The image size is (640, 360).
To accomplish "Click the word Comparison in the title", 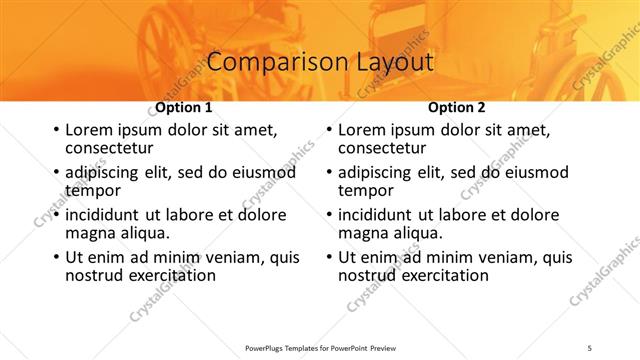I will (264, 62).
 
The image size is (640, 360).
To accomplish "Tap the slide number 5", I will (590, 348).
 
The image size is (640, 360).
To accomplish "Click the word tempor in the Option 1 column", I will (93, 190).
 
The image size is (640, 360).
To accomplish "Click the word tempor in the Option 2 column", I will (366, 190).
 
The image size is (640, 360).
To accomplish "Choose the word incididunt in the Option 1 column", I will (103, 215).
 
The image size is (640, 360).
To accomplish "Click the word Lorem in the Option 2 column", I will (362, 130).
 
